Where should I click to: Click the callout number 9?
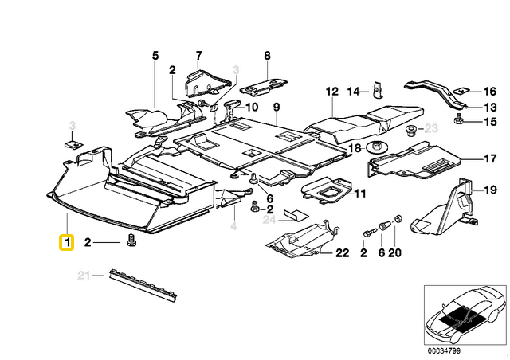277,108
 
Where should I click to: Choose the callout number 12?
331,92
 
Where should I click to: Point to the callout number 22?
343,253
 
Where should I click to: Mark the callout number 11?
359,193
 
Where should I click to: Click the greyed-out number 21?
82,276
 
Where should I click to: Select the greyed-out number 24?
269,220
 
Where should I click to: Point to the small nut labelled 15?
459,120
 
